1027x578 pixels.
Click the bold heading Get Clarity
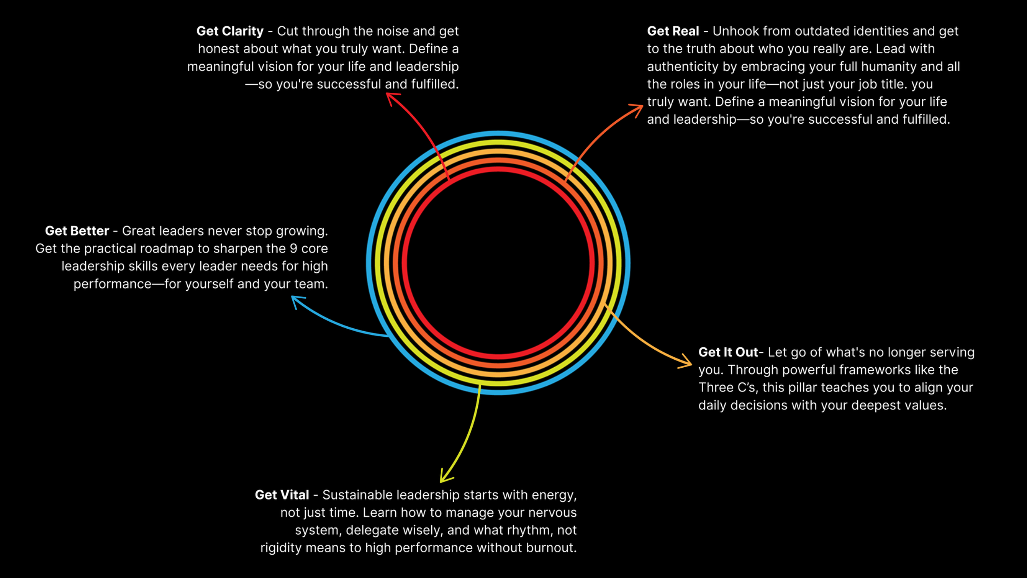pos(230,31)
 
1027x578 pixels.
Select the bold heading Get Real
pos(673,31)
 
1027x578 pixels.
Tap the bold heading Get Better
pos(77,231)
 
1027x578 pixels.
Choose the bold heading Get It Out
pos(728,352)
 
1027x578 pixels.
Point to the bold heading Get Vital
pos(282,495)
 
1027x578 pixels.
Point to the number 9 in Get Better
pos(293,249)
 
